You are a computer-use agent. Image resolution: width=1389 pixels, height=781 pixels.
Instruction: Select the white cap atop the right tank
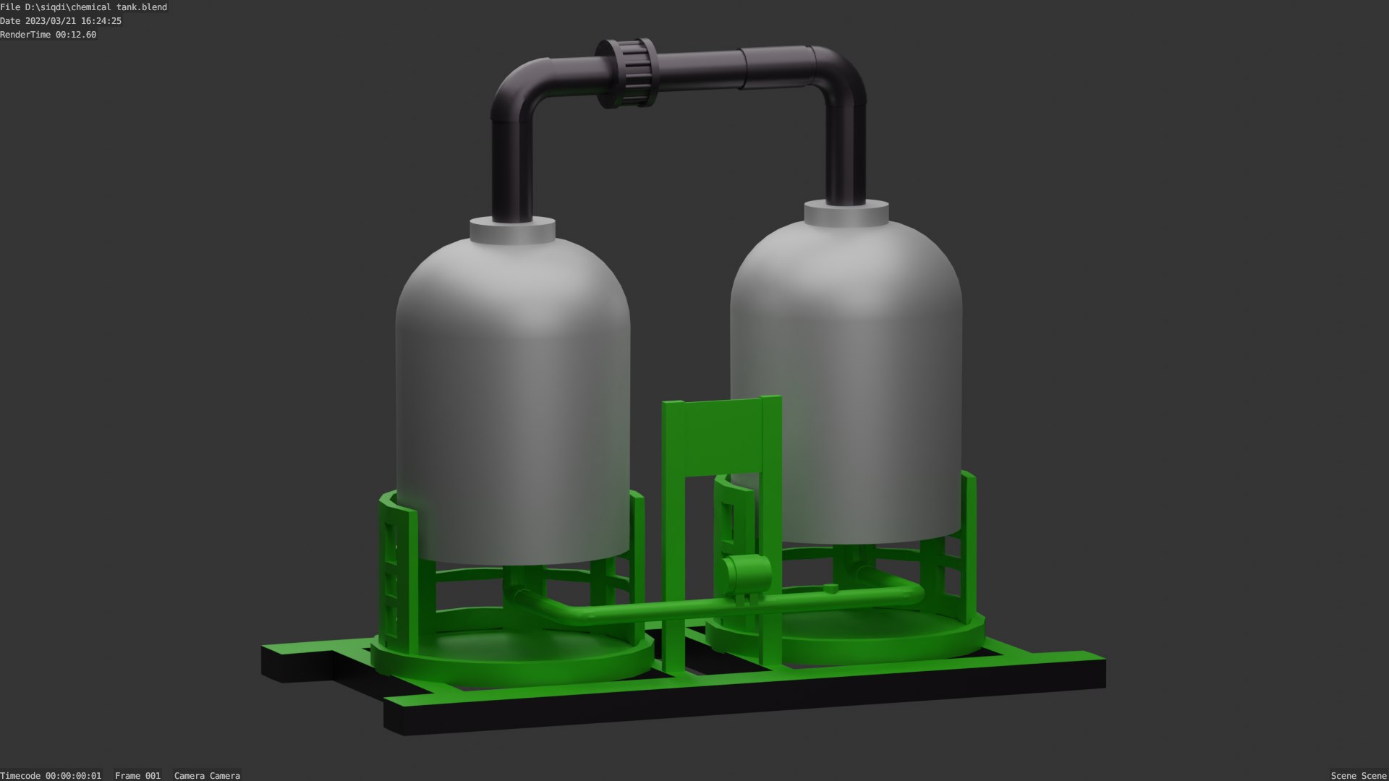tap(846, 213)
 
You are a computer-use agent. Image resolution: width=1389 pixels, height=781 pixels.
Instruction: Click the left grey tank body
tap(512, 405)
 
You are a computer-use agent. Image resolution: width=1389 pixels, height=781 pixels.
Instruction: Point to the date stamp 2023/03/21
tap(73, 21)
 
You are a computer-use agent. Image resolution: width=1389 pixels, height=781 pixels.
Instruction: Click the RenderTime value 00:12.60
tap(75, 35)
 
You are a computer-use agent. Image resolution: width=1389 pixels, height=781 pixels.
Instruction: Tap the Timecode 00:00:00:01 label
tap(51, 775)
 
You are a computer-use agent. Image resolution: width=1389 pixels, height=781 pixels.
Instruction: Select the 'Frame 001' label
tap(137, 775)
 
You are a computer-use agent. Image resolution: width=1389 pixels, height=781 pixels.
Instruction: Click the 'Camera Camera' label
tap(207, 775)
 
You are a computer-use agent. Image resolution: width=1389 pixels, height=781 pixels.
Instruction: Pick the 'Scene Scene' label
tap(1358, 775)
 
